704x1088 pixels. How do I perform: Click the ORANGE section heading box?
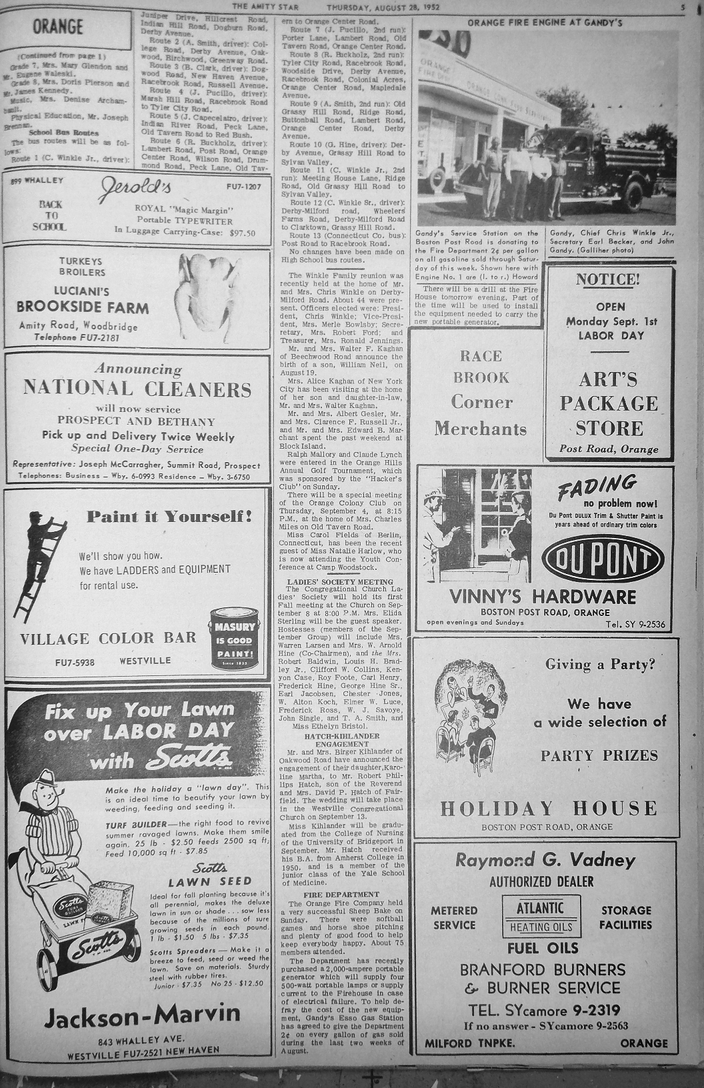coord(58,27)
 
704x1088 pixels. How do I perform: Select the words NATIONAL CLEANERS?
coord(137,388)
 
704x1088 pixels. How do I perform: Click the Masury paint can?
coord(233,638)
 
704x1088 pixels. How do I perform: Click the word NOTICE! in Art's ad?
coord(606,279)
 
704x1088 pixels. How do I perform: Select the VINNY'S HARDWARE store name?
coord(543,596)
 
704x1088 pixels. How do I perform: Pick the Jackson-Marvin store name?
coord(141,1015)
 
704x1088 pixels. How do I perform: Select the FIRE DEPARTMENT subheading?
coord(341,894)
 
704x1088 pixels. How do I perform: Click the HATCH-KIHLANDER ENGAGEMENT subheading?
coord(341,740)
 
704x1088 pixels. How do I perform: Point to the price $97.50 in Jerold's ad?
coord(242,233)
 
